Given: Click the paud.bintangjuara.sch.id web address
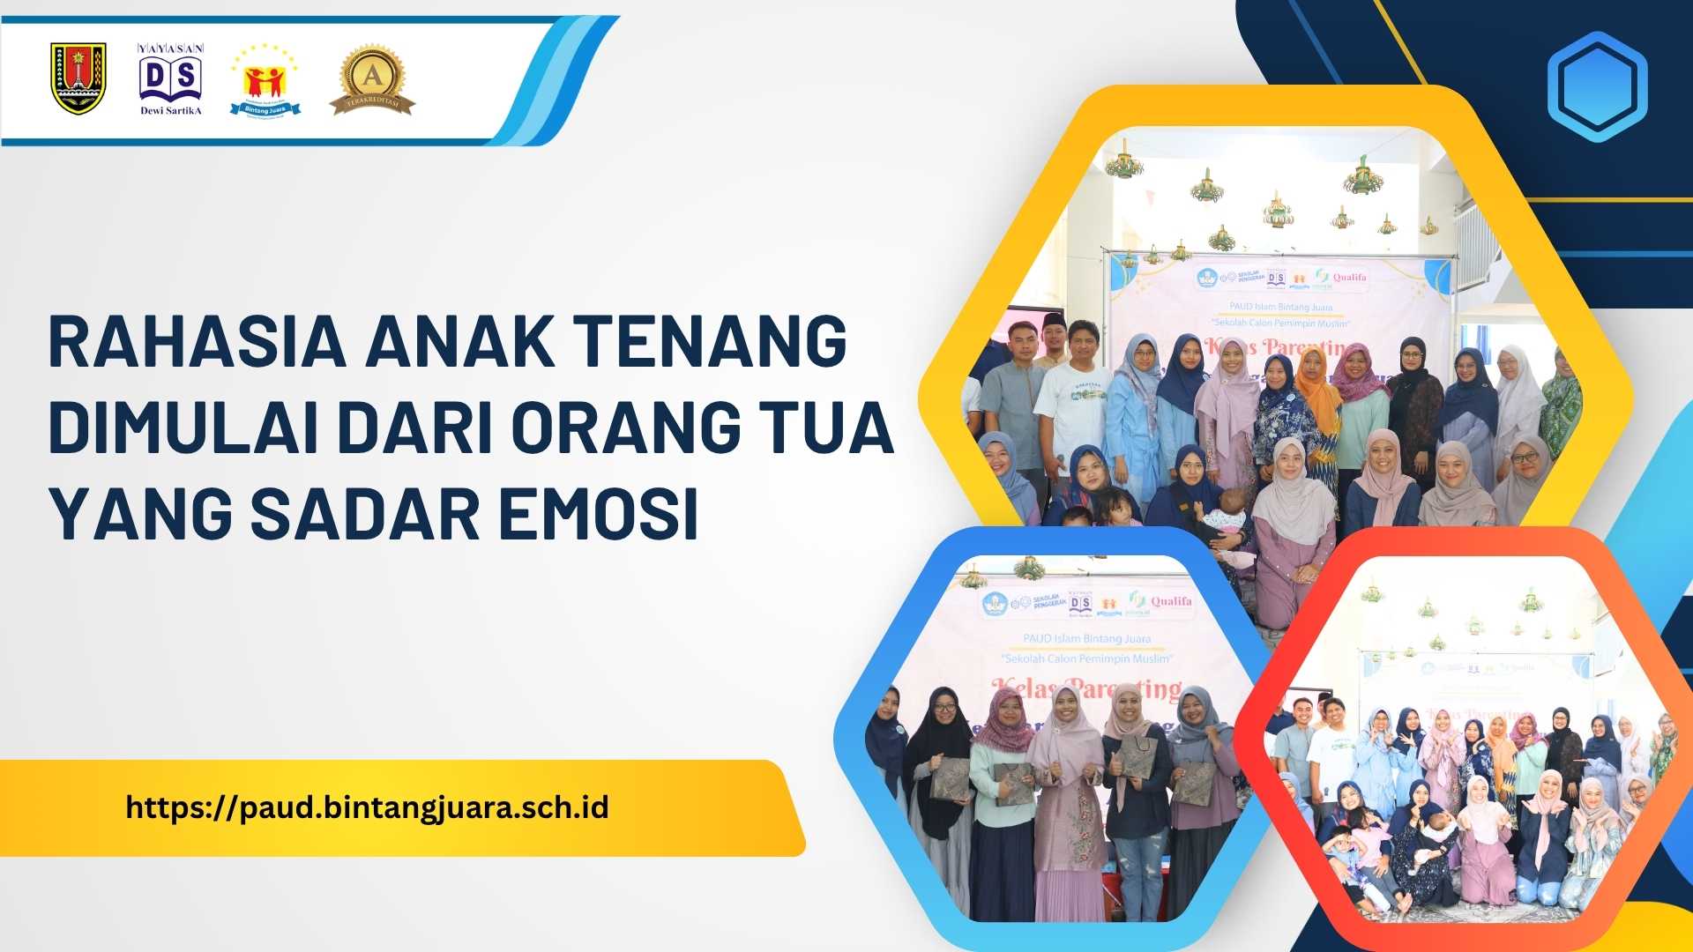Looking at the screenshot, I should [x=367, y=807].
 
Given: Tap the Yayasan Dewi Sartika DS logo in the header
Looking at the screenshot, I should [x=171, y=79].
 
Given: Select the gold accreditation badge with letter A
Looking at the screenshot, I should [x=372, y=79].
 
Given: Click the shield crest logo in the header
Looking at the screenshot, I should [x=78, y=79].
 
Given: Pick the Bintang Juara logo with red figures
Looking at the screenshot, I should [x=265, y=81].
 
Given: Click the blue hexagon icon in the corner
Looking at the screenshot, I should [x=1597, y=86].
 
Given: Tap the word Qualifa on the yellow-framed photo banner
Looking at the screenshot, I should [x=1349, y=277].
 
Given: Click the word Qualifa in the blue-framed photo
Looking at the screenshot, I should [x=1171, y=601].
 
